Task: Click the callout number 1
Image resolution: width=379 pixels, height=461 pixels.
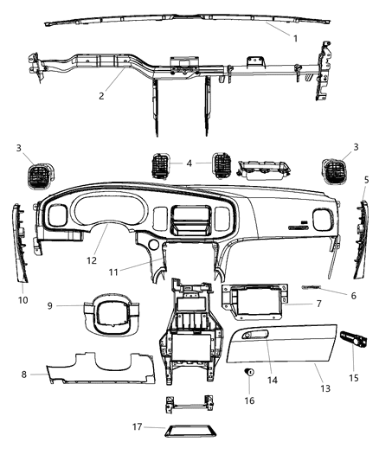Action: pos(296,38)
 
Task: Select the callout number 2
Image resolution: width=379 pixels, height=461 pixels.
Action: pos(101,95)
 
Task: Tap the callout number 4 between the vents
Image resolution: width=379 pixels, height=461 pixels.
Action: pos(189,162)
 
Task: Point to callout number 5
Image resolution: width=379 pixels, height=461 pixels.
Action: pos(366,179)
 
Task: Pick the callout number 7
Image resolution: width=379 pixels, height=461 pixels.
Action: pos(318,304)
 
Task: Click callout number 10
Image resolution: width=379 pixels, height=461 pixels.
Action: pos(22,300)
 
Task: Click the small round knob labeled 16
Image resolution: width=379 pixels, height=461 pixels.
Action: pos(250,371)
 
